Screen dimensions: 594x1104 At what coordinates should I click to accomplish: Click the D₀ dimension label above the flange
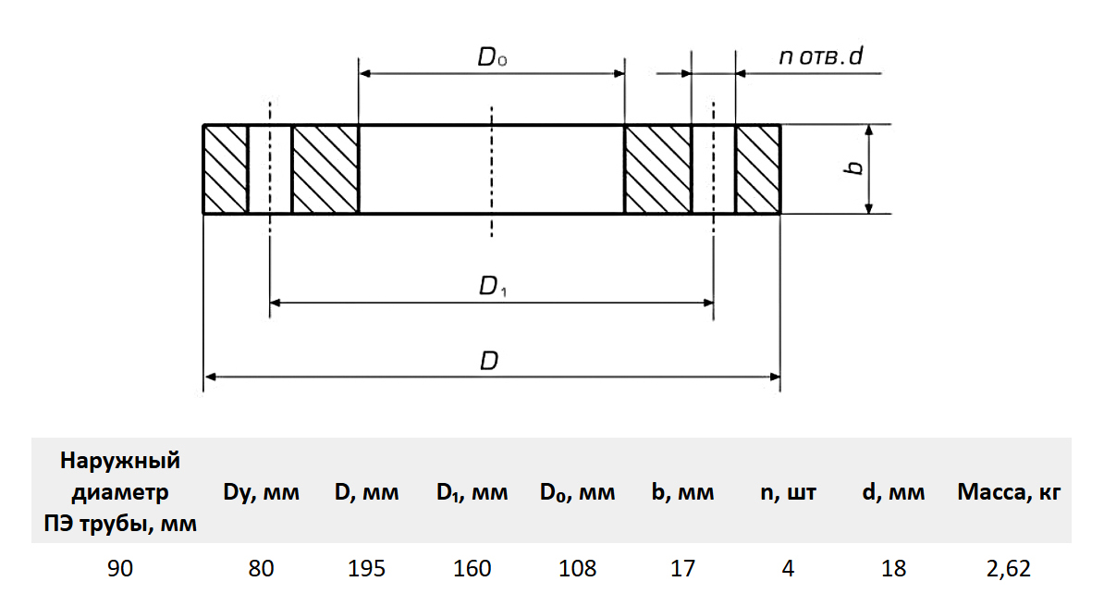pos(492,58)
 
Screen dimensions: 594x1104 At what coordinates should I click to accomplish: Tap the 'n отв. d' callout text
pos(820,57)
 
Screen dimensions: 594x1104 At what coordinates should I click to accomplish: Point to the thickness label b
pos(854,167)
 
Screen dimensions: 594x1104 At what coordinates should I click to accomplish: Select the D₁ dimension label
pos(492,288)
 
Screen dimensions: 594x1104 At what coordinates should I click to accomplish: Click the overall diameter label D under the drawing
pos(489,361)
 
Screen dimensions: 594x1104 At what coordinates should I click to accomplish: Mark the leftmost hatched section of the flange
pos(226,169)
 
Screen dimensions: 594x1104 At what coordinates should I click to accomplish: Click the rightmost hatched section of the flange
pos(758,169)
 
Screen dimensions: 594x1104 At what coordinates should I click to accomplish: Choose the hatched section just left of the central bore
pos(325,169)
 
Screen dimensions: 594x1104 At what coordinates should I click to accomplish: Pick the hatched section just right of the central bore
pos(657,169)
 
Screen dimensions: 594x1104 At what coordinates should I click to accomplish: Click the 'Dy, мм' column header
pos(262,493)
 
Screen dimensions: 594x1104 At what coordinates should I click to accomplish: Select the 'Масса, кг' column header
pos(1008,493)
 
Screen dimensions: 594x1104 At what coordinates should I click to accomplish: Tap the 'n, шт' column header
pos(789,493)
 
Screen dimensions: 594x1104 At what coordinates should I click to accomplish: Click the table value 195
pos(366,567)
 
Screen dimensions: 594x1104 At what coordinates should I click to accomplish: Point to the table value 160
pos(472,567)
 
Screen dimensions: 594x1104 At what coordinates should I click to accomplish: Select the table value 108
pos(578,567)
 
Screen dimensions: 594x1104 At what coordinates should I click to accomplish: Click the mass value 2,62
pos(1008,567)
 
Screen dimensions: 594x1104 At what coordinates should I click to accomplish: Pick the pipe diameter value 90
pos(120,567)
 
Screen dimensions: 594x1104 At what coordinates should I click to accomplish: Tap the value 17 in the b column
pos(683,567)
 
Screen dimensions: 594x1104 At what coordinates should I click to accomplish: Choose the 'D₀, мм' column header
pos(578,493)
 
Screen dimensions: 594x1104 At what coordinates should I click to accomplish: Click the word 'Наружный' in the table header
pos(120,461)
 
